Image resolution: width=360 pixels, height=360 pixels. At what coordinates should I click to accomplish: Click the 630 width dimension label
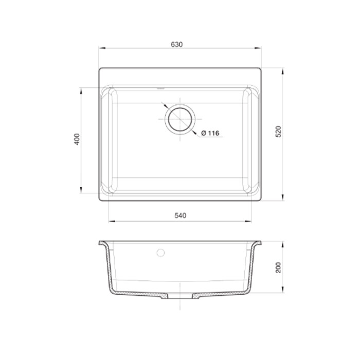click(177, 44)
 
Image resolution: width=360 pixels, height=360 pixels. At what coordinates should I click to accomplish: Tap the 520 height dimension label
click(278, 132)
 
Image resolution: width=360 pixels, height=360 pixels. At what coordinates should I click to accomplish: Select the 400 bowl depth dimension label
click(77, 139)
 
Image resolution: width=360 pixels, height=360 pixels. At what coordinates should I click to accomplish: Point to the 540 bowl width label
click(181, 215)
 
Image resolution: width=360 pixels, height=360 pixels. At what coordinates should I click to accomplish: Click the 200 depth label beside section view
click(278, 267)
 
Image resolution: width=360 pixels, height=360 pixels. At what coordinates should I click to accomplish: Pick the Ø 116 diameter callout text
click(210, 133)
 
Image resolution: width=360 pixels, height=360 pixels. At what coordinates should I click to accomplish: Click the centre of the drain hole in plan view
click(180, 119)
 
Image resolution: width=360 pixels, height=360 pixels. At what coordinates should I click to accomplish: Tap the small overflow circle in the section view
click(160, 253)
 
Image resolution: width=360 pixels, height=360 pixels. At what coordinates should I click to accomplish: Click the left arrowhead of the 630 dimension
click(102, 48)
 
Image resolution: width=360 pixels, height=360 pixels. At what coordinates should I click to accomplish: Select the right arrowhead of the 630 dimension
click(258, 48)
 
